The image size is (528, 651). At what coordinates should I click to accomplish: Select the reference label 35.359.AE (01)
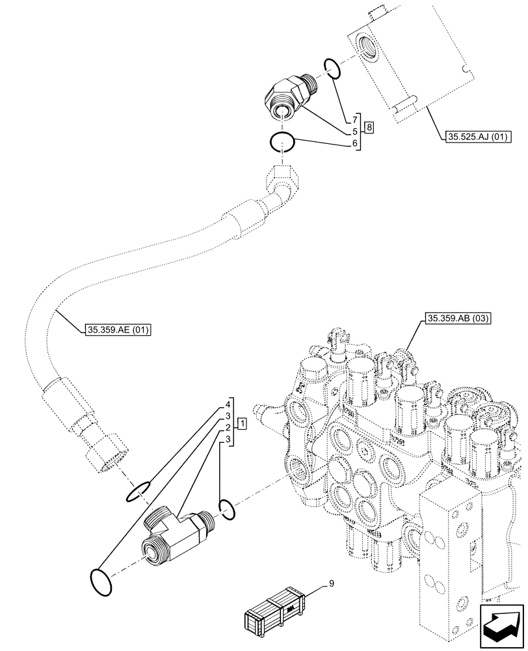coord(118,330)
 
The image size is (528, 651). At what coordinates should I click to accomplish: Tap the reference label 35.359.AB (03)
coord(458,318)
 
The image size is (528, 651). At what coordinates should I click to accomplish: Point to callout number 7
coord(355,119)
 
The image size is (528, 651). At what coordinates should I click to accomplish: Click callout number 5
coord(355,131)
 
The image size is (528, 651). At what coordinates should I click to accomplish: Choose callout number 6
coord(355,143)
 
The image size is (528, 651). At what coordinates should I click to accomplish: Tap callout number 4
coord(228,404)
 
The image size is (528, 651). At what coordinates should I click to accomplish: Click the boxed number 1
coord(242,424)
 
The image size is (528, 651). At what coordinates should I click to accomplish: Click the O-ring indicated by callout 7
coord(331,68)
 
